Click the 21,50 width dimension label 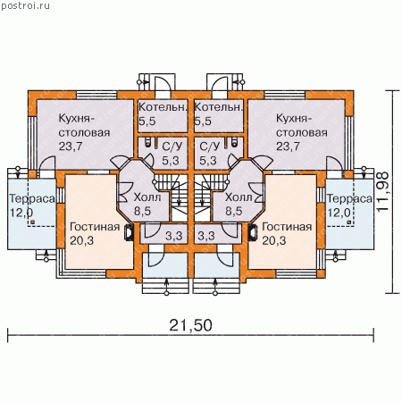(x=190, y=325)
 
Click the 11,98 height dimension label (x=382, y=191)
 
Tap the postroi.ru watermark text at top (x=25, y=5)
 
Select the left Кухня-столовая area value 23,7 (x=71, y=147)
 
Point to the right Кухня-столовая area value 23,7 (x=288, y=147)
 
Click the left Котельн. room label (x=163, y=107)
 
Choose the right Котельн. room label (x=218, y=107)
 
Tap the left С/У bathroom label (x=172, y=146)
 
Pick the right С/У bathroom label (x=210, y=146)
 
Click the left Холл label (x=147, y=197)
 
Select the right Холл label (x=239, y=197)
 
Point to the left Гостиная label (x=95, y=227)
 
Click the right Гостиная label (x=287, y=227)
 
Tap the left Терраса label (x=32, y=199)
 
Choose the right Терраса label (x=349, y=199)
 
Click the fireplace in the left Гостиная (x=130, y=232)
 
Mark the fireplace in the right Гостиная (x=253, y=232)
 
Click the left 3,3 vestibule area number (x=174, y=236)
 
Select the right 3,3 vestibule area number (x=206, y=236)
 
